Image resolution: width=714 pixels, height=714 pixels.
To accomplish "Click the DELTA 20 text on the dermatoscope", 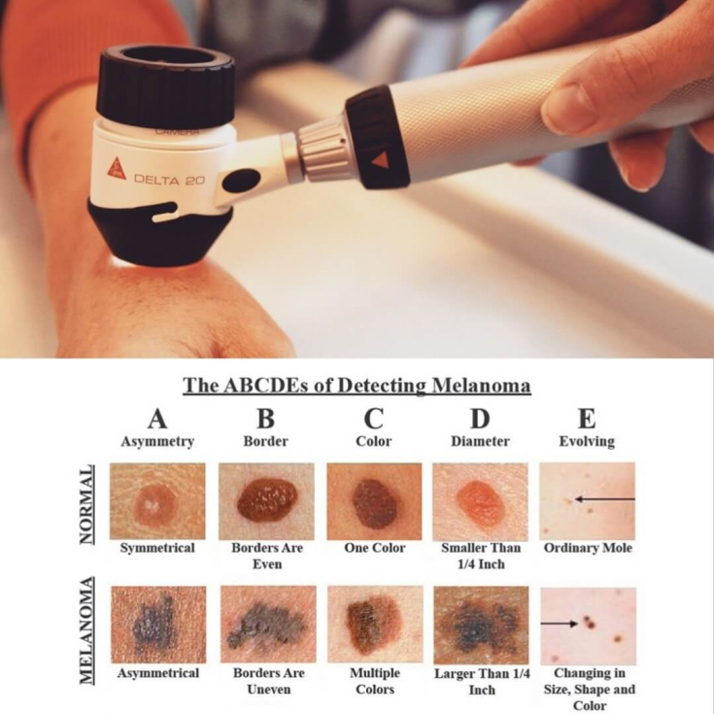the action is tap(169, 180).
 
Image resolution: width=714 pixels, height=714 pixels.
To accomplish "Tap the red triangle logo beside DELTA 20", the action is tap(117, 168).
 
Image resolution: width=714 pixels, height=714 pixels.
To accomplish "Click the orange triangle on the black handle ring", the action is tap(380, 160).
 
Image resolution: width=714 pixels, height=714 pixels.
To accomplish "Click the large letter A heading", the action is tap(157, 418).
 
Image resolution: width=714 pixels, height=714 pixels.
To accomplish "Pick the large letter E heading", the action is tap(587, 418).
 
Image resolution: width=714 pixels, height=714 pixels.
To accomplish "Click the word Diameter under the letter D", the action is tap(480, 441).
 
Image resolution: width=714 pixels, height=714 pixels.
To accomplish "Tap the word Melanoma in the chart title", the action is tap(481, 386).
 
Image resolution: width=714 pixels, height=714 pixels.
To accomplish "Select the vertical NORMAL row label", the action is tap(87, 504).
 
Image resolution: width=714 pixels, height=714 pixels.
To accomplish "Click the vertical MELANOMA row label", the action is tap(87, 630).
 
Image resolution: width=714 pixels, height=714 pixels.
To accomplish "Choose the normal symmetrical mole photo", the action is tap(157, 501).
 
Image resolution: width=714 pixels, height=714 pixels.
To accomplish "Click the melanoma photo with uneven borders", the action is tap(268, 624).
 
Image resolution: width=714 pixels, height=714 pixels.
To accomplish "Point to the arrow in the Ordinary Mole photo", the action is tap(604, 499).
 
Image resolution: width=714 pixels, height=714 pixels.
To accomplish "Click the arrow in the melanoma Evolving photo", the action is tap(559, 623).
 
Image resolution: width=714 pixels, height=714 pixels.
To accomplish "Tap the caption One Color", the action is tap(374, 547).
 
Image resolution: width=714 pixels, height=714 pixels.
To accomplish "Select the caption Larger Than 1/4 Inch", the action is tap(482, 681).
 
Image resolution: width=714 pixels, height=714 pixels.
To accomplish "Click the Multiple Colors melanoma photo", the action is tap(375, 624).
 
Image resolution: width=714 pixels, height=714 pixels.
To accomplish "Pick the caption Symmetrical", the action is tap(157, 547).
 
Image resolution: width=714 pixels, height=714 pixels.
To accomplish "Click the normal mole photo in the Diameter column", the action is tap(480, 501).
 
